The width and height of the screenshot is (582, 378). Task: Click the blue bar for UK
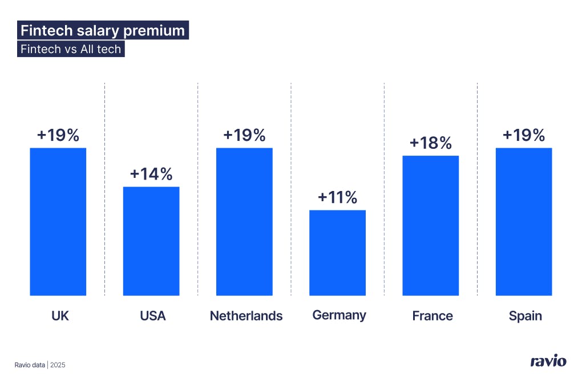[58, 221]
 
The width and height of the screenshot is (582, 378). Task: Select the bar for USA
[151, 241]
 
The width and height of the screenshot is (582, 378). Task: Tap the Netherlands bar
[244, 221]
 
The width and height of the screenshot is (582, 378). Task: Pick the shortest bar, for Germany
[337, 253]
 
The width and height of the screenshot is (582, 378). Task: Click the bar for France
[430, 225]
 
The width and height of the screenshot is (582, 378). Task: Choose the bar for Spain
[524, 221]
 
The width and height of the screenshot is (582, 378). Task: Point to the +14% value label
[151, 174]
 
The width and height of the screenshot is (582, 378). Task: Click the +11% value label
[337, 198]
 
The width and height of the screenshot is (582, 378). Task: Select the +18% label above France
[430, 143]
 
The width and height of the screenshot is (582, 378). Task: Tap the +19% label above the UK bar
[58, 136]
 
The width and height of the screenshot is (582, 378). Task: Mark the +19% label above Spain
[524, 136]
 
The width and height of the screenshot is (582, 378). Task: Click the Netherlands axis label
[246, 316]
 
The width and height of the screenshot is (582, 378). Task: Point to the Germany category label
[339, 315]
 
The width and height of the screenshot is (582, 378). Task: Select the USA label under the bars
[152, 316]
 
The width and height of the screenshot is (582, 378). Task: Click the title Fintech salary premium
[103, 31]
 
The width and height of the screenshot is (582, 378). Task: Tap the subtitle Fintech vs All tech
[71, 49]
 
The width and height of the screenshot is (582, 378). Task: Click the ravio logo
[548, 361]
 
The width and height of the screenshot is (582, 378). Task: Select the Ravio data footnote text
[30, 364]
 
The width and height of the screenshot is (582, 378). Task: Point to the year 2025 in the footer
[58, 364]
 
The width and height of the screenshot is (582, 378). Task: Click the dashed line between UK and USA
[105, 188]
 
